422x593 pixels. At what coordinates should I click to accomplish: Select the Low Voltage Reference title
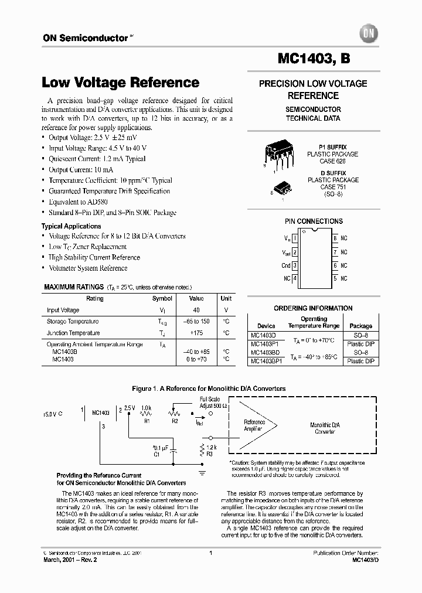pos(121,83)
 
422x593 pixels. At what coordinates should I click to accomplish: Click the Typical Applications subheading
pos(71,226)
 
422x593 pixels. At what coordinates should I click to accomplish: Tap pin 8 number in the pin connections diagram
pos(335,238)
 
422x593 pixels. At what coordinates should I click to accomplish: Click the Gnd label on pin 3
pos(286,265)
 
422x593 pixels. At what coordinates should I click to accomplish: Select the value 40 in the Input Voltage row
pos(197,310)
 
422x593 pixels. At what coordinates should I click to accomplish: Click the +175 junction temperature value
pos(196,333)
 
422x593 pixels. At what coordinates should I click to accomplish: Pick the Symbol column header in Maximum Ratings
pos(162,298)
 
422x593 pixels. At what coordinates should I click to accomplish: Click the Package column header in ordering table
pos(360,326)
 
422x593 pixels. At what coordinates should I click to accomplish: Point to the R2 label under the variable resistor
pos(174,421)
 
